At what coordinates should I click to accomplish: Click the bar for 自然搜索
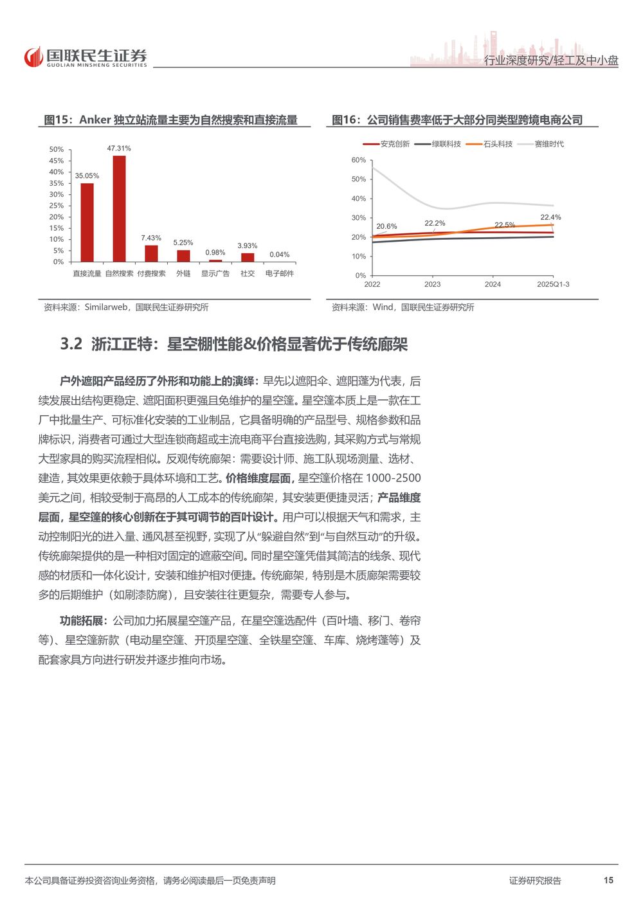click(119, 208)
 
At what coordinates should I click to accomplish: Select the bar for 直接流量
click(87, 222)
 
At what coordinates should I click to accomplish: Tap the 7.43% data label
click(151, 238)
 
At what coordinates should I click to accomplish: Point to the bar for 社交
click(248, 257)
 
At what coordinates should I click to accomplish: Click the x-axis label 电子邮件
click(280, 274)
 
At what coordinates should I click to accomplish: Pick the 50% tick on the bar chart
click(57, 150)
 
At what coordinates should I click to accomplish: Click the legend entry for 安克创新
click(387, 144)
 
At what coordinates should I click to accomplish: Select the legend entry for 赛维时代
click(541, 144)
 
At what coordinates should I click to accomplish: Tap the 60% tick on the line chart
click(358, 160)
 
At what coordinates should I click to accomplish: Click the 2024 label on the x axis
click(493, 284)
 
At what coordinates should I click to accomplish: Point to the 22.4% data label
click(550, 217)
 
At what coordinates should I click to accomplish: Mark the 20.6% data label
click(386, 226)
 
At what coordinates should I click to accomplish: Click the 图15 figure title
click(170, 120)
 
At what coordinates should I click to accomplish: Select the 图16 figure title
click(457, 120)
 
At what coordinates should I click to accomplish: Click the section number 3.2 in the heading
click(71, 345)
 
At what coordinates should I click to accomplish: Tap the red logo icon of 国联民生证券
click(33, 58)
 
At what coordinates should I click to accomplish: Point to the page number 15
click(608, 880)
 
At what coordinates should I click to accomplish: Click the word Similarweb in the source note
click(106, 307)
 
